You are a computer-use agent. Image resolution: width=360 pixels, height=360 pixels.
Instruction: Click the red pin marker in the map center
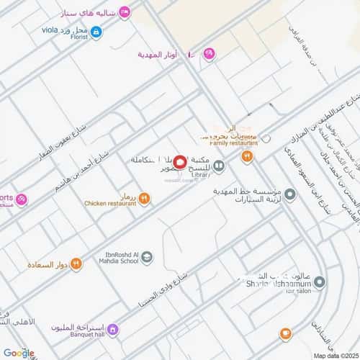pos(180,164)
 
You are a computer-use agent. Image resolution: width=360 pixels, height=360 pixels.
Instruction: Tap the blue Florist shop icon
pos(96,31)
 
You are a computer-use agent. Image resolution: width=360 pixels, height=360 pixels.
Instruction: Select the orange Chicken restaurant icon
pos(144,197)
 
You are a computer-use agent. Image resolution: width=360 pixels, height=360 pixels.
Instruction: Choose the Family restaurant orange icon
pos(246,155)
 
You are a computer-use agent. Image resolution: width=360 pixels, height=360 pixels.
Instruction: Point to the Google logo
pos(18,352)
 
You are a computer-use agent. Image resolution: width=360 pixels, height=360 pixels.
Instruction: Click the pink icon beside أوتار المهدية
pos(209,53)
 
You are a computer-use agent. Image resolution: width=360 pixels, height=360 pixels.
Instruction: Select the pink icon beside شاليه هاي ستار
pos(125,12)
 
